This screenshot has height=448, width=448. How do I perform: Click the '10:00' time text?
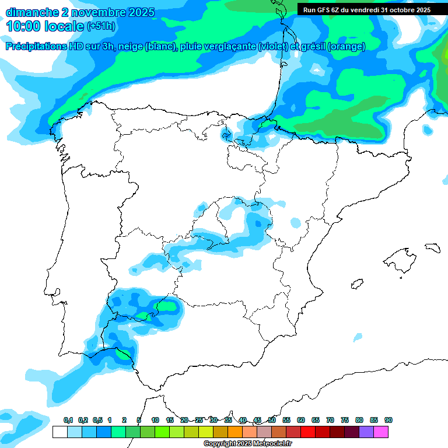point(23,26)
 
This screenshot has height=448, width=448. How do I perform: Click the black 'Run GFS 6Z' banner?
point(367,9)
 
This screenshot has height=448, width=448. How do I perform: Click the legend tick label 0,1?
point(68,421)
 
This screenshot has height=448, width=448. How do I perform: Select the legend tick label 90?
point(388,421)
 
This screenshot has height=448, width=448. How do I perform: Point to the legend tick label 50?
point(272,421)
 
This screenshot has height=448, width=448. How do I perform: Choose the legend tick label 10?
point(155,421)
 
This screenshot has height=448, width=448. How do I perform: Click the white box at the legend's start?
point(60,432)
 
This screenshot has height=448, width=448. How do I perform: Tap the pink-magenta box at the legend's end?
point(381,432)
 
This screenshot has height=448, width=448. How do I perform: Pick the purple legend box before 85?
point(366,432)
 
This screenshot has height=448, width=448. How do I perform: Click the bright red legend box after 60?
point(308,432)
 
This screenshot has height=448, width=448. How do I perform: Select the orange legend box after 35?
point(235,432)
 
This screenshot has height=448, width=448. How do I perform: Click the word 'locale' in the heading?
point(64,26)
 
